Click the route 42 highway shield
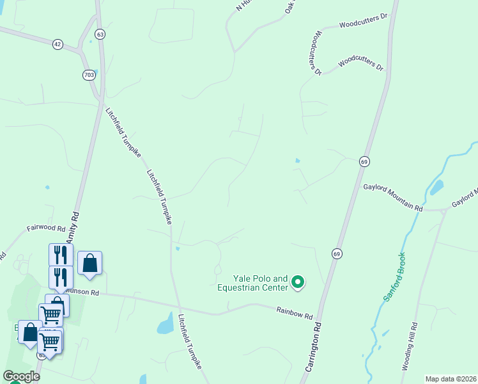click(x=58, y=44)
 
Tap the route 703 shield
click(x=89, y=75)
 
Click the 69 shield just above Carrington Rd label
click(x=336, y=254)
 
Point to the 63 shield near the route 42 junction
click(x=100, y=34)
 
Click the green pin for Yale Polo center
click(x=298, y=282)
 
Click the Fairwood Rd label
click(x=46, y=228)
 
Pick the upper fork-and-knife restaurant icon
click(x=61, y=254)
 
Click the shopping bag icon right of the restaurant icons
click(x=90, y=262)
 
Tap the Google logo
click(x=21, y=376)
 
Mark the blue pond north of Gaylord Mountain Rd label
click(x=436, y=188)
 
